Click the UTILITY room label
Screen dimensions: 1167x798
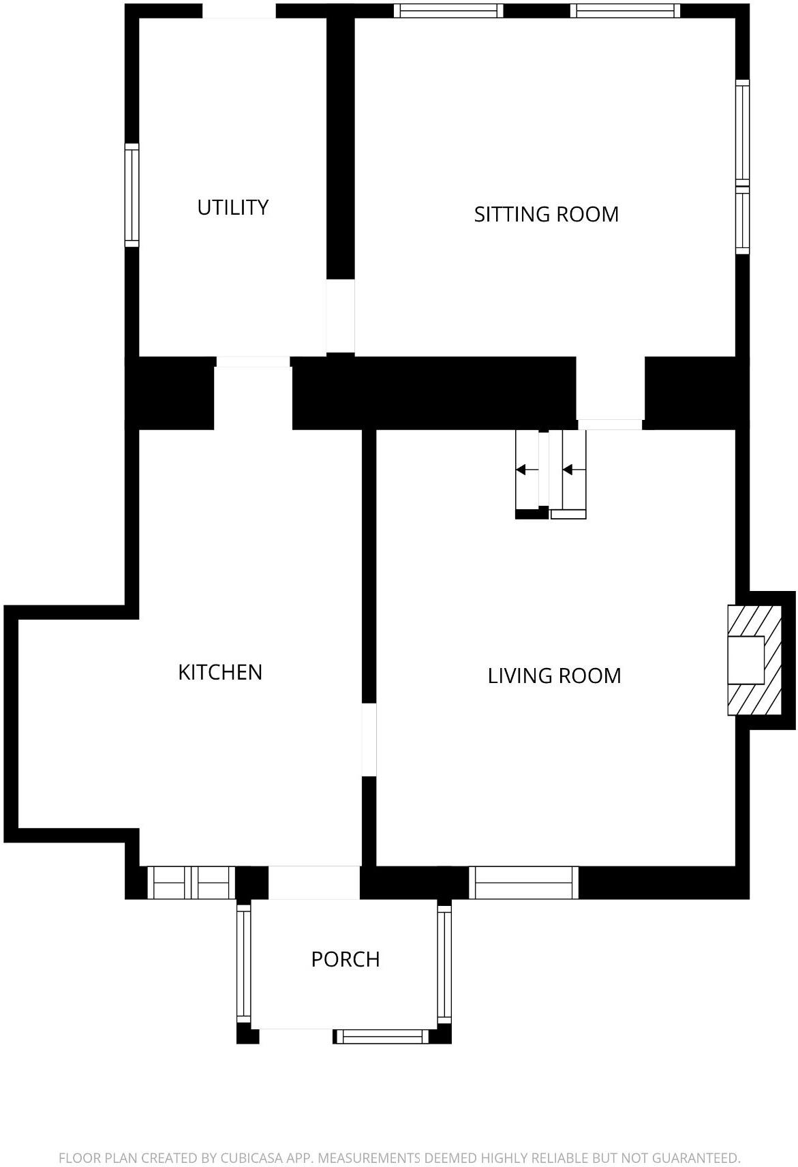[x=232, y=207]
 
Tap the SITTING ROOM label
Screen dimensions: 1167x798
[x=546, y=214]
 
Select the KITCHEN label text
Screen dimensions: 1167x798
[x=220, y=672]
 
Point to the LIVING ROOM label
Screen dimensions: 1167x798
[x=554, y=676]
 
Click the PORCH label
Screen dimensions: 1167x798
[x=345, y=959]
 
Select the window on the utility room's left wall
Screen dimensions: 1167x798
[x=132, y=195]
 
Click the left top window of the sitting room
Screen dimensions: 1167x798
[x=448, y=11]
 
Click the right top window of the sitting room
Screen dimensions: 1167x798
[x=625, y=11]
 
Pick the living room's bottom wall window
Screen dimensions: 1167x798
[x=524, y=883]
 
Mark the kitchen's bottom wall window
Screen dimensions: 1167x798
[x=191, y=883]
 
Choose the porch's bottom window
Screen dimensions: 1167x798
[x=382, y=1037]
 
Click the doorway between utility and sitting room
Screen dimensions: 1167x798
[x=340, y=316]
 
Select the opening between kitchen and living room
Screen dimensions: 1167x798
[x=369, y=740]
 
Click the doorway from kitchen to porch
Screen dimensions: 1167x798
[x=313, y=883]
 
